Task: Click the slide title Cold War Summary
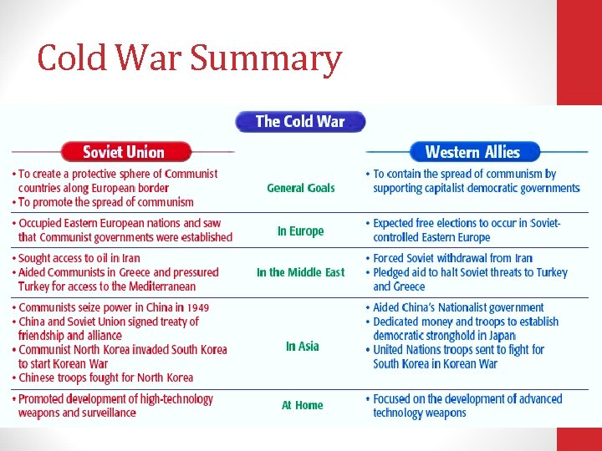190,59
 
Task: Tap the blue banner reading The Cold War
300,121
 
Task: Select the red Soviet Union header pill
124,152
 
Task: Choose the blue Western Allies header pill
472,152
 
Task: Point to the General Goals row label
300,188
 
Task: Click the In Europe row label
300,231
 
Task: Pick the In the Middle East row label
300,272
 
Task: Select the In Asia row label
302,346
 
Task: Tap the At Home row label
302,405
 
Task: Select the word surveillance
106,413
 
